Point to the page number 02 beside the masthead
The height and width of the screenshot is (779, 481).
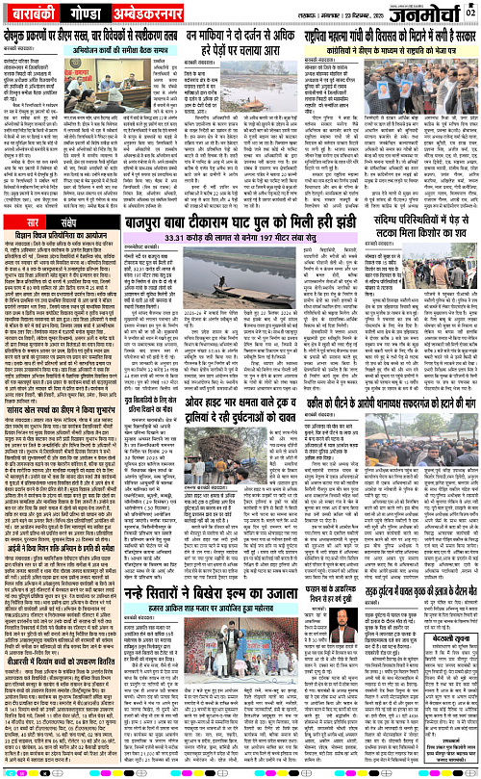pos(470,12)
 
